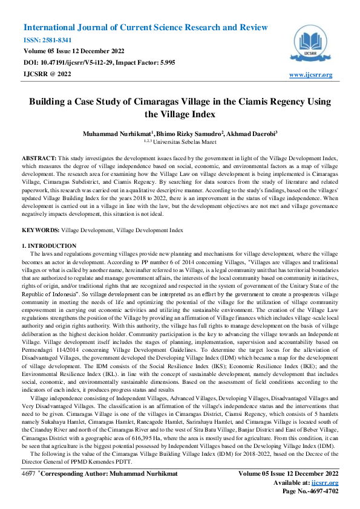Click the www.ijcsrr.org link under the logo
(x=311, y=75)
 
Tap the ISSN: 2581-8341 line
(x=49, y=40)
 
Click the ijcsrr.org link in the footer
(x=326, y=483)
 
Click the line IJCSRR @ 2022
(x=47, y=74)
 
